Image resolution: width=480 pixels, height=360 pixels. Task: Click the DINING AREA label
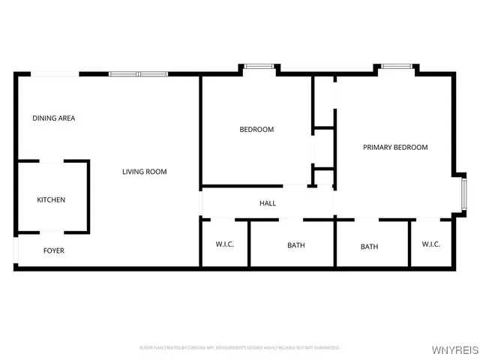coord(53,118)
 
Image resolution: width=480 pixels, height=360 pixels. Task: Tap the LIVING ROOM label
coord(145,172)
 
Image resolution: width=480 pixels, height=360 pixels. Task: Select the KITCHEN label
coord(52,200)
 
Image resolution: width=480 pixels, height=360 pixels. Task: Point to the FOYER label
coord(53,250)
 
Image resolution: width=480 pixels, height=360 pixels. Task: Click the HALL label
coord(268,203)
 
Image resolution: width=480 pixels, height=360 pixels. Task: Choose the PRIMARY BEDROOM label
coord(395,148)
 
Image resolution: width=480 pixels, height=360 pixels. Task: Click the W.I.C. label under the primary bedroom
coord(430,244)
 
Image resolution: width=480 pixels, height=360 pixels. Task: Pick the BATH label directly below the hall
coord(296,245)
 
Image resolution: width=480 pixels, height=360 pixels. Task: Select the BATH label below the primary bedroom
coord(369,247)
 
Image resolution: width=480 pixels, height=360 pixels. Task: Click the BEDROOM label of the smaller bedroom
coord(256,130)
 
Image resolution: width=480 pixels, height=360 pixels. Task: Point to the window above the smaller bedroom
coord(259,67)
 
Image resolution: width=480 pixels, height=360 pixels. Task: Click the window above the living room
coord(139,73)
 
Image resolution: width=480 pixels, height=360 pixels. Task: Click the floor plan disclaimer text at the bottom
coord(240,348)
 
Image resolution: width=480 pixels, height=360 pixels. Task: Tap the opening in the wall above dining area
coord(55,73)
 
